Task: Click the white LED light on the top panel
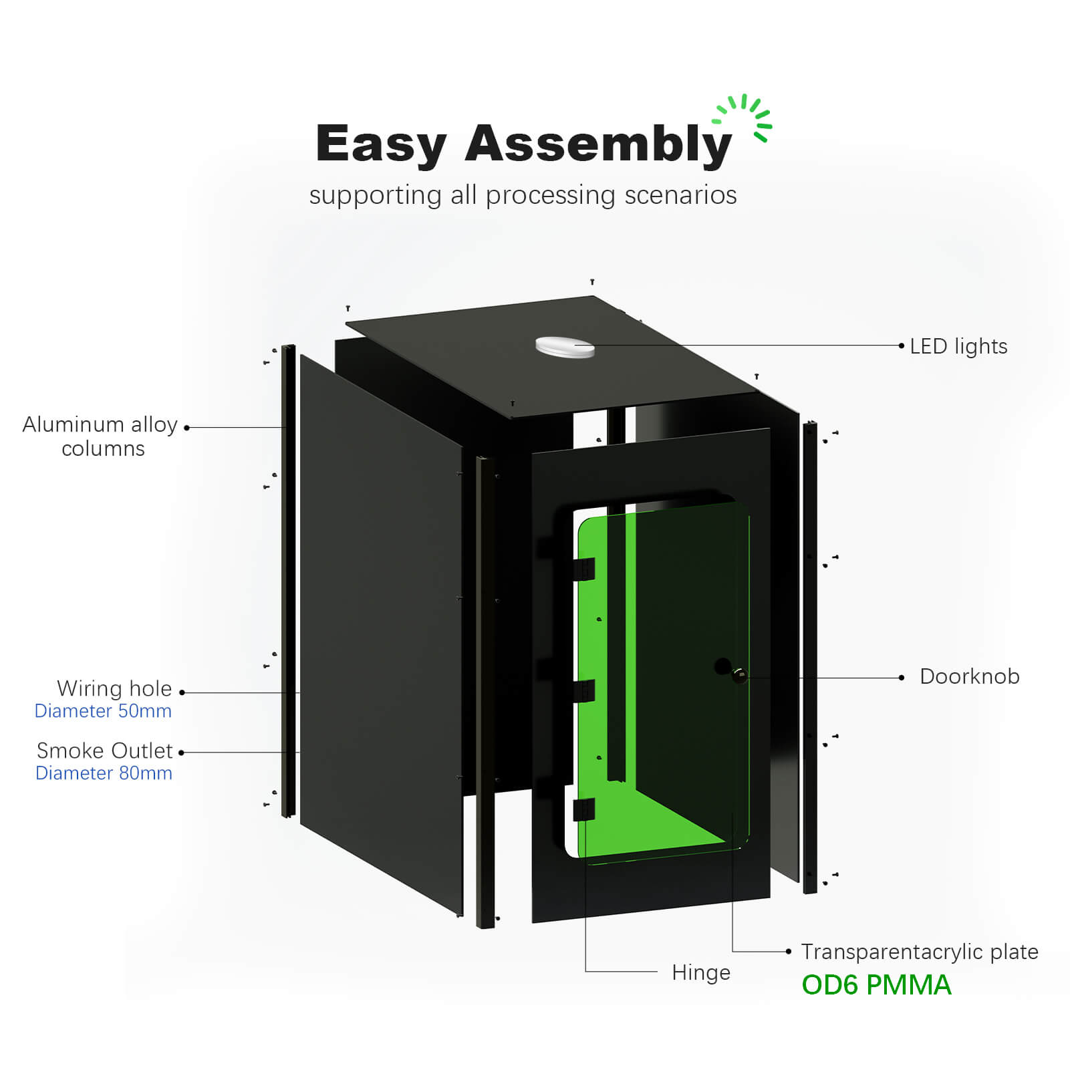(x=565, y=347)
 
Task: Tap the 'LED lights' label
(x=958, y=346)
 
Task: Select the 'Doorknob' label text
(x=969, y=676)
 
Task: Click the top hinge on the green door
(x=584, y=569)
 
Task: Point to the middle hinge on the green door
(x=584, y=690)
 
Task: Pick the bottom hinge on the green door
(x=583, y=809)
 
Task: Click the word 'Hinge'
(x=700, y=972)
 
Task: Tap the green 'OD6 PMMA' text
(x=876, y=985)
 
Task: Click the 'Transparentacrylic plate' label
(x=919, y=952)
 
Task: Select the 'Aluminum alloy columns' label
(x=100, y=436)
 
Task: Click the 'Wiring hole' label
(x=114, y=688)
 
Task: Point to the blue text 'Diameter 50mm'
(x=103, y=711)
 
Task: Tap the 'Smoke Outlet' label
(x=105, y=751)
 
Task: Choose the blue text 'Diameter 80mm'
(x=104, y=773)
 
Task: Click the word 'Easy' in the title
(x=380, y=144)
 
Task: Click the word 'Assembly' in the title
(x=597, y=144)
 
